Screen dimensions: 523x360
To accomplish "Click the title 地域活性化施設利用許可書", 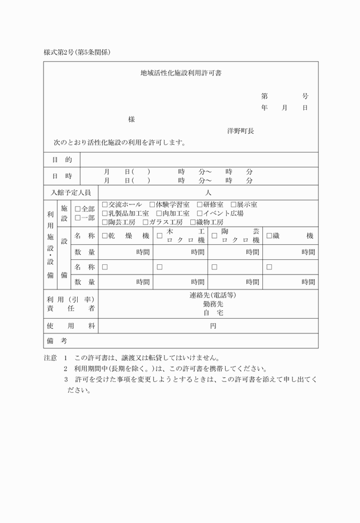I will [x=181, y=73].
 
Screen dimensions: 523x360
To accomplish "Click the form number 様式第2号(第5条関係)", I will [x=77, y=52].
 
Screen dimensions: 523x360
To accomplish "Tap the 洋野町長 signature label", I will [x=240, y=131].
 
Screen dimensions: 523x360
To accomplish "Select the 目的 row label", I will [x=62, y=160].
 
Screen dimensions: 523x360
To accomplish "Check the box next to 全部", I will [x=78, y=209].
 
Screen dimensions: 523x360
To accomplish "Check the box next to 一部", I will [x=78, y=218].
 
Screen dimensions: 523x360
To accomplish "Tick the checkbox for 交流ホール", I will [x=105, y=204].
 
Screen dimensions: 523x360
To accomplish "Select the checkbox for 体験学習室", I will [x=153, y=204].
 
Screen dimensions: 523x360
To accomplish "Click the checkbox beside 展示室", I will [x=234, y=204].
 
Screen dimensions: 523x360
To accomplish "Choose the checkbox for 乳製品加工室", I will [x=105, y=213].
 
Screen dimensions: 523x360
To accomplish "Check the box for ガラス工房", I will [x=146, y=222].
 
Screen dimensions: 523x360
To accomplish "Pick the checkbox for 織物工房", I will [x=193, y=222].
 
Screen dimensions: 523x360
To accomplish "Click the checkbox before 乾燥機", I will [x=105, y=236].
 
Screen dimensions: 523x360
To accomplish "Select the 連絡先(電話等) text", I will [x=213, y=296].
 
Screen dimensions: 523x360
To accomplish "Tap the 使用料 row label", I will [x=71, y=325].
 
